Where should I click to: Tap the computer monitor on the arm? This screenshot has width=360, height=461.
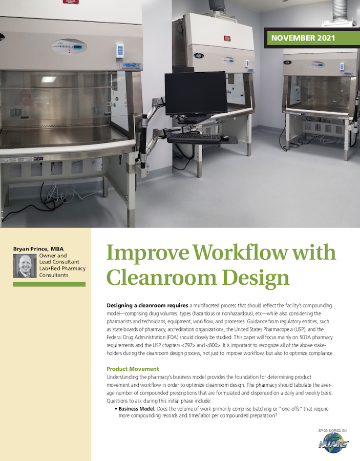[196, 93]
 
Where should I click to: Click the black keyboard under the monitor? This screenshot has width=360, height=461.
[193, 137]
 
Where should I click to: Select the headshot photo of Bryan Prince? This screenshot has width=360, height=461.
[24, 266]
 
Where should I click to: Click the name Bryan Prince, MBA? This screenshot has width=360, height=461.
[38, 249]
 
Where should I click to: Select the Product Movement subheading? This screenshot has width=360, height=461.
[133, 369]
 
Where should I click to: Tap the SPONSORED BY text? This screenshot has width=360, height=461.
[332, 431]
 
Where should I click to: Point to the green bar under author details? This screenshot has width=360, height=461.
[49, 284]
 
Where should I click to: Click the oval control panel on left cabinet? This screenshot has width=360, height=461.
[69, 47]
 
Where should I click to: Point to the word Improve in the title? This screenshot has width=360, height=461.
[139, 253]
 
